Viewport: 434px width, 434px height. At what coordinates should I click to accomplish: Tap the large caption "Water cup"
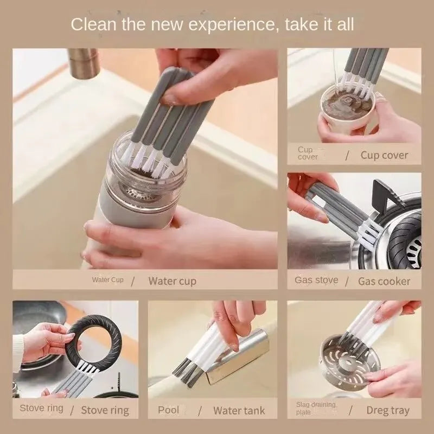[x=172, y=280]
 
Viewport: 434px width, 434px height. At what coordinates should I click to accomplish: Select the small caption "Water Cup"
[x=107, y=280]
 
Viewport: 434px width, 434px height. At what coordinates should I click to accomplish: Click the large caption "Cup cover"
[x=384, y=155]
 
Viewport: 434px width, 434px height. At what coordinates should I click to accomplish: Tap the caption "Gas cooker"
[x=384, y=281]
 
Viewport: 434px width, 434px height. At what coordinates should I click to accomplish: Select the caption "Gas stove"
[x=316, y=280]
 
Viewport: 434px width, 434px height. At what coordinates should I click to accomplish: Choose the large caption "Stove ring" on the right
[x=105, y=410]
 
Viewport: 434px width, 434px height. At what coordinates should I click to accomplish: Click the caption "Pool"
[x=169, y=410]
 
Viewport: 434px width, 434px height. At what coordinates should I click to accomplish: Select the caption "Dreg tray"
[x=388, y=410]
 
